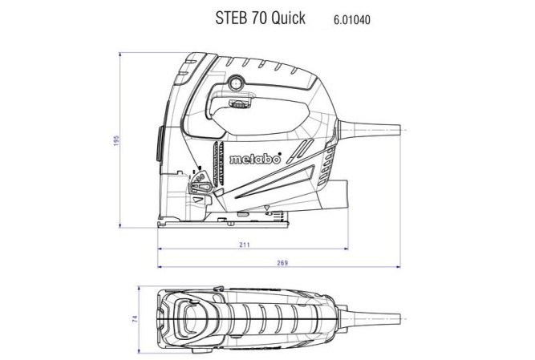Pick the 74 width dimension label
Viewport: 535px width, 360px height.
136,318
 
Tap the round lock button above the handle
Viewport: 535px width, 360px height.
238,83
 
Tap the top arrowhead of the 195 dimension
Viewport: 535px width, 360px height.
120,56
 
